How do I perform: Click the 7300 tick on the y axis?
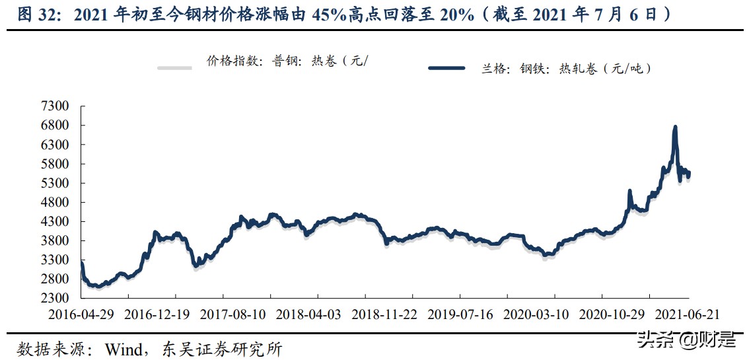(x=54, y=106)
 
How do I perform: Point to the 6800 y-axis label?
(x=54, y=126)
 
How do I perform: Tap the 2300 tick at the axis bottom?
(x=54, y=299)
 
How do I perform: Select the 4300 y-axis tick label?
(x=54, y=222)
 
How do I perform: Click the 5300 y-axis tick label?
(x=54, y=183)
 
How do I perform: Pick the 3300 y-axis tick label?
(x=54, y=260)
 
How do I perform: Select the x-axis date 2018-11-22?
(x=384, y=314)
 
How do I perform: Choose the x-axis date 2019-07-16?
(x=460, y=314)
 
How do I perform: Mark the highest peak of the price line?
(x=675, y=127)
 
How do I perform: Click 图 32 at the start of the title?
(x=33, y=15)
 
